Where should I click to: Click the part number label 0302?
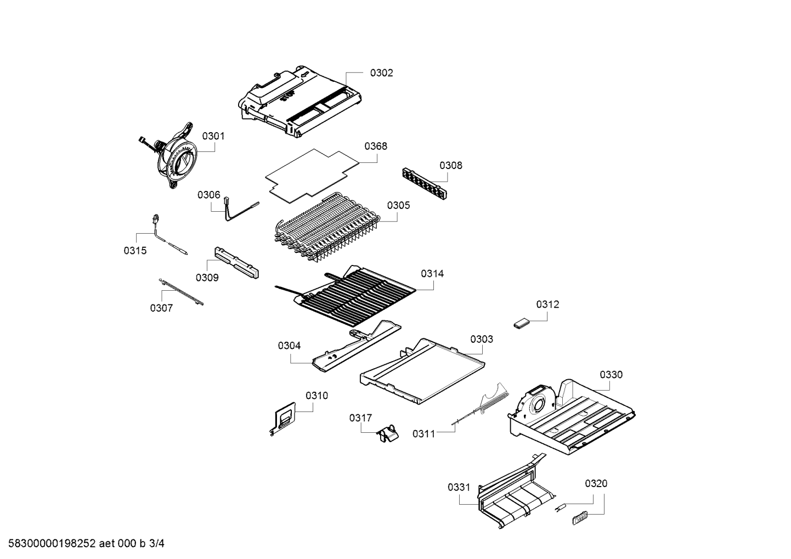coord(381,73)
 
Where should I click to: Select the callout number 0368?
coord(375,146)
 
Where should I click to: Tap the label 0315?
coord(135,251)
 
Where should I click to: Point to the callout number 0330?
coord(611,375)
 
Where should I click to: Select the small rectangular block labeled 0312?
coord(521,324)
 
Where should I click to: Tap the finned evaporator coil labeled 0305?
coord(326,228)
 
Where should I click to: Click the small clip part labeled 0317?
coord(387,433)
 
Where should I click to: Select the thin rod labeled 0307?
coord(180,291)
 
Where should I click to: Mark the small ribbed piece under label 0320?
coord(579,517)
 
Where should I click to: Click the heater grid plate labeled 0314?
coord(357,293)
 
